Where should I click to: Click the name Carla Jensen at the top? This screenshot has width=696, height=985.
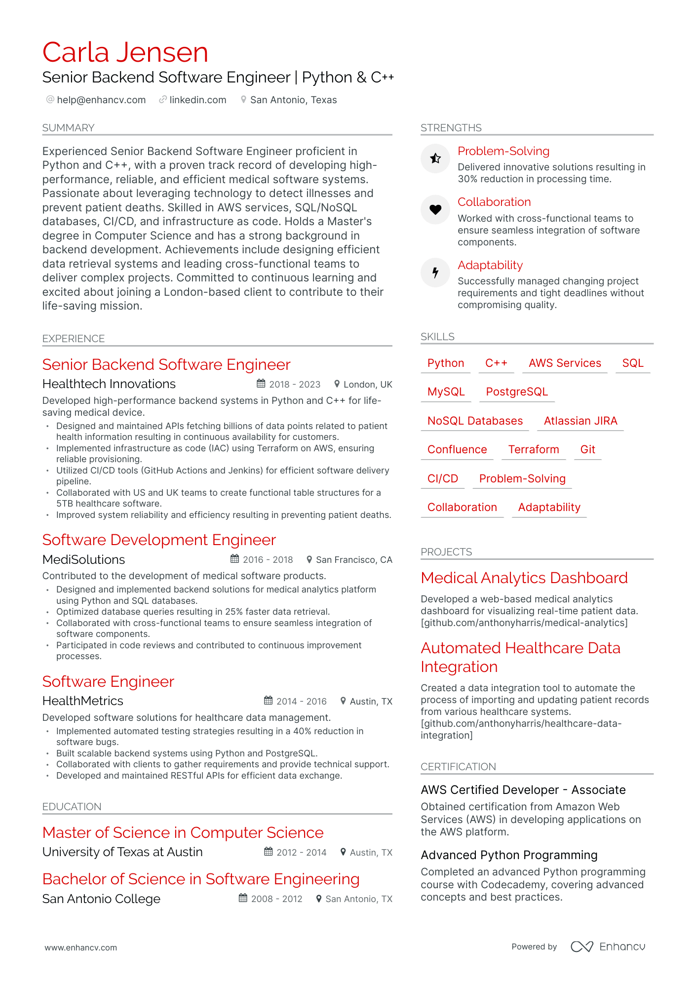[x=125, y=52]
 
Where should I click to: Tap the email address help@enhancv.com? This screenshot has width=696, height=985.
[x=101, y=100]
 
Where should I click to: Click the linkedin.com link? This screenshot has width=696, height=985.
[x=197, y=100]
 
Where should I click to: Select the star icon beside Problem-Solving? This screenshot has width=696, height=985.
[x=435, y=158]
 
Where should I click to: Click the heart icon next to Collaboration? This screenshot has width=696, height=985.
[x=435, y=209]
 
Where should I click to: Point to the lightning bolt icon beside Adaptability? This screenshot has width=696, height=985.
[x=435, y=272]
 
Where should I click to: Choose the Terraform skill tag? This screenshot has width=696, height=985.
[x=533, y=449]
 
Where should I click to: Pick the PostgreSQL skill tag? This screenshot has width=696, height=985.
[x=516, y=392]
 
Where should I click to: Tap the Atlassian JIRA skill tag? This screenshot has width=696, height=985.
[x=580, y=421]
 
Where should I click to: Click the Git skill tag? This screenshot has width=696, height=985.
[x=587, y=449]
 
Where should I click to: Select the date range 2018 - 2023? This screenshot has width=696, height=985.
[x=294, y=384]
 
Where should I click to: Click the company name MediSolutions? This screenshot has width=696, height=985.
[x=83, y=559]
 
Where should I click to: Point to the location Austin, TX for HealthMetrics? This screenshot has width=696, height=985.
[x=371, y=701]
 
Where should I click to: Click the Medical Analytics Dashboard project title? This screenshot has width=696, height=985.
[x=524, y=578]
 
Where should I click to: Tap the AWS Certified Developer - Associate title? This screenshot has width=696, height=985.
[x=523, y=789]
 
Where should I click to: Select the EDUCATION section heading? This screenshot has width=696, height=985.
[x=72, y=806]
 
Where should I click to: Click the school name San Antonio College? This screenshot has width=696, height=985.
[x=101, y=899]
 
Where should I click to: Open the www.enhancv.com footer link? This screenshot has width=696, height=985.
[x=80, y=947]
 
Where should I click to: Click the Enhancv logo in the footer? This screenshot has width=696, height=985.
[x=608, y=946]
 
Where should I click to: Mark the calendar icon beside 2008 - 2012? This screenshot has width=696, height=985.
[x=243, y=898]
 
